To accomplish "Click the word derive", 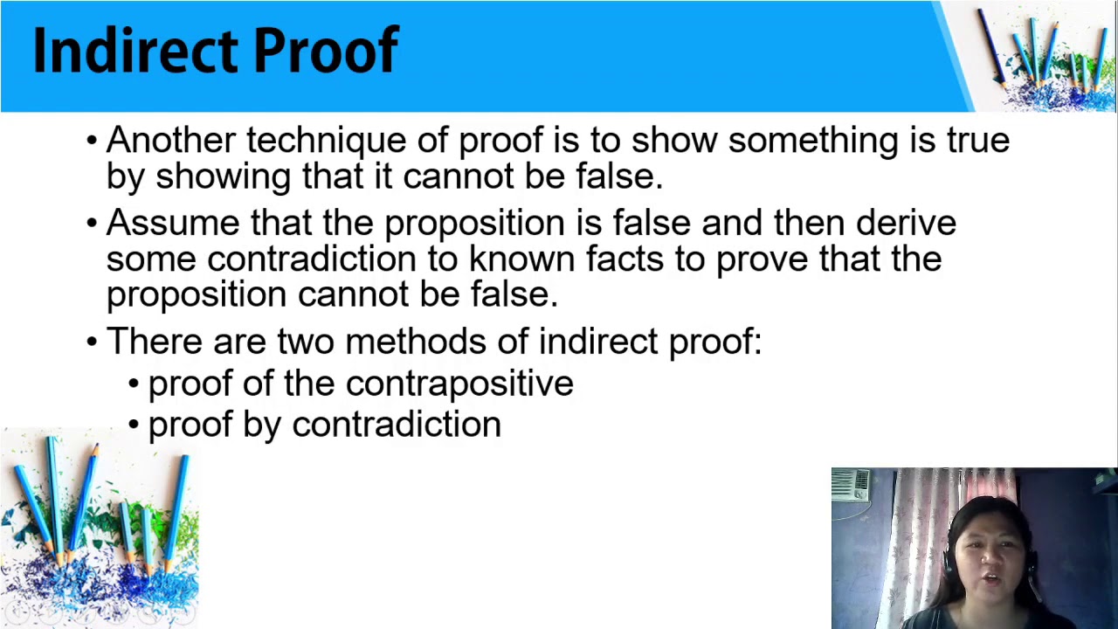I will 906,223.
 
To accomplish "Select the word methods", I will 416,342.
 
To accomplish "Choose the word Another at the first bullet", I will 170,141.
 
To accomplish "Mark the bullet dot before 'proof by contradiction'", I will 134,425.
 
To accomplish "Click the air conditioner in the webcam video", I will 851,485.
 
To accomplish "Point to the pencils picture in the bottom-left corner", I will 99,529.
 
